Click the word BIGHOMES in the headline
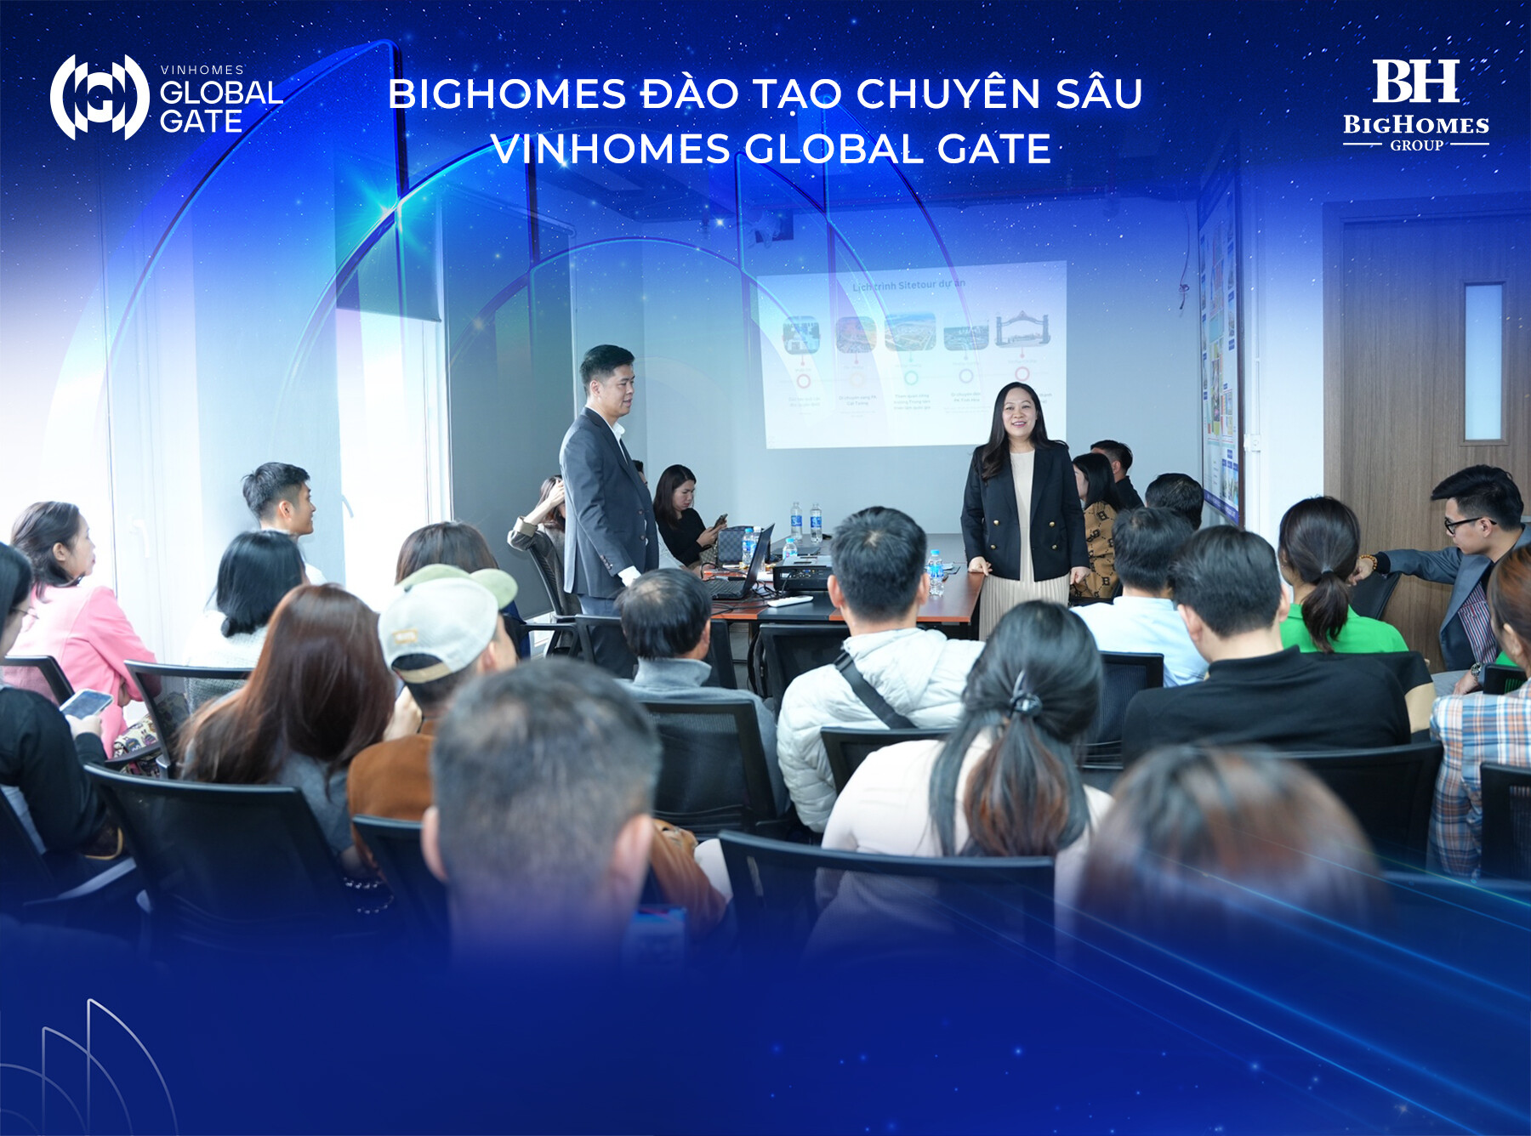click(x=507, y=94)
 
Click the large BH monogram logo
click(x=1415, y=82)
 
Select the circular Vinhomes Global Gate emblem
click(x=100, y=97)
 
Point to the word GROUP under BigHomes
click(x=1416, y=145)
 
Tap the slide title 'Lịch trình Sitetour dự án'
click(x=908, y=285)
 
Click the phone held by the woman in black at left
click(x=85, y=702)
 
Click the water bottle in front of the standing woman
click(x=936, y=571)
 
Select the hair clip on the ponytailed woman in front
click(x=1024, y=702)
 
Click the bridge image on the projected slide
click(x=1022, y=330)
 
